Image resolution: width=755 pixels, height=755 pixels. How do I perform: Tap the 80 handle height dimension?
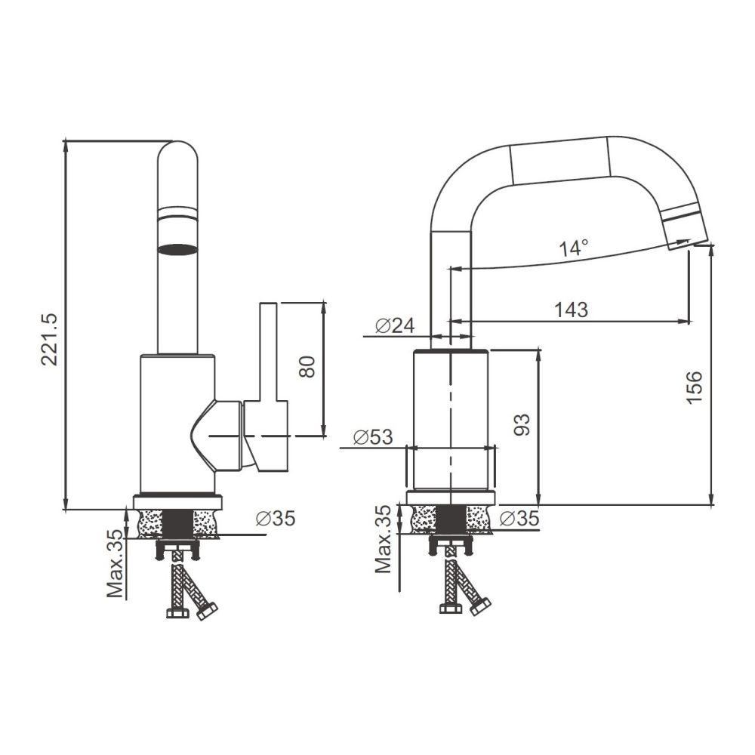click(307, 367)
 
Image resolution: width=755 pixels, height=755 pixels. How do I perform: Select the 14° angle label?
click(574, 247)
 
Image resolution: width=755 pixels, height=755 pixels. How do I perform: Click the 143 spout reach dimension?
click(571, 309)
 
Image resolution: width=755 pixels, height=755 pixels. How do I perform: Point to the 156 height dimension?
click(695, 387)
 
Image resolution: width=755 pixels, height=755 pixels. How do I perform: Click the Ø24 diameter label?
click(395, 325)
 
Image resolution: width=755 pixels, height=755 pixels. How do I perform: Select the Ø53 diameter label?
click(373, 437)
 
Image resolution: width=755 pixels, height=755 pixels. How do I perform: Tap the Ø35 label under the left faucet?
click(275, 518)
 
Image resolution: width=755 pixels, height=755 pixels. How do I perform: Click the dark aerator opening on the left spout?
click(178, 248)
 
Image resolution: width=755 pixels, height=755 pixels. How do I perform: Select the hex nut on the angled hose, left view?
click(207, 611)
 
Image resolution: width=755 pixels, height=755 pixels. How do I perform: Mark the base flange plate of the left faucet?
click(178, 501)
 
